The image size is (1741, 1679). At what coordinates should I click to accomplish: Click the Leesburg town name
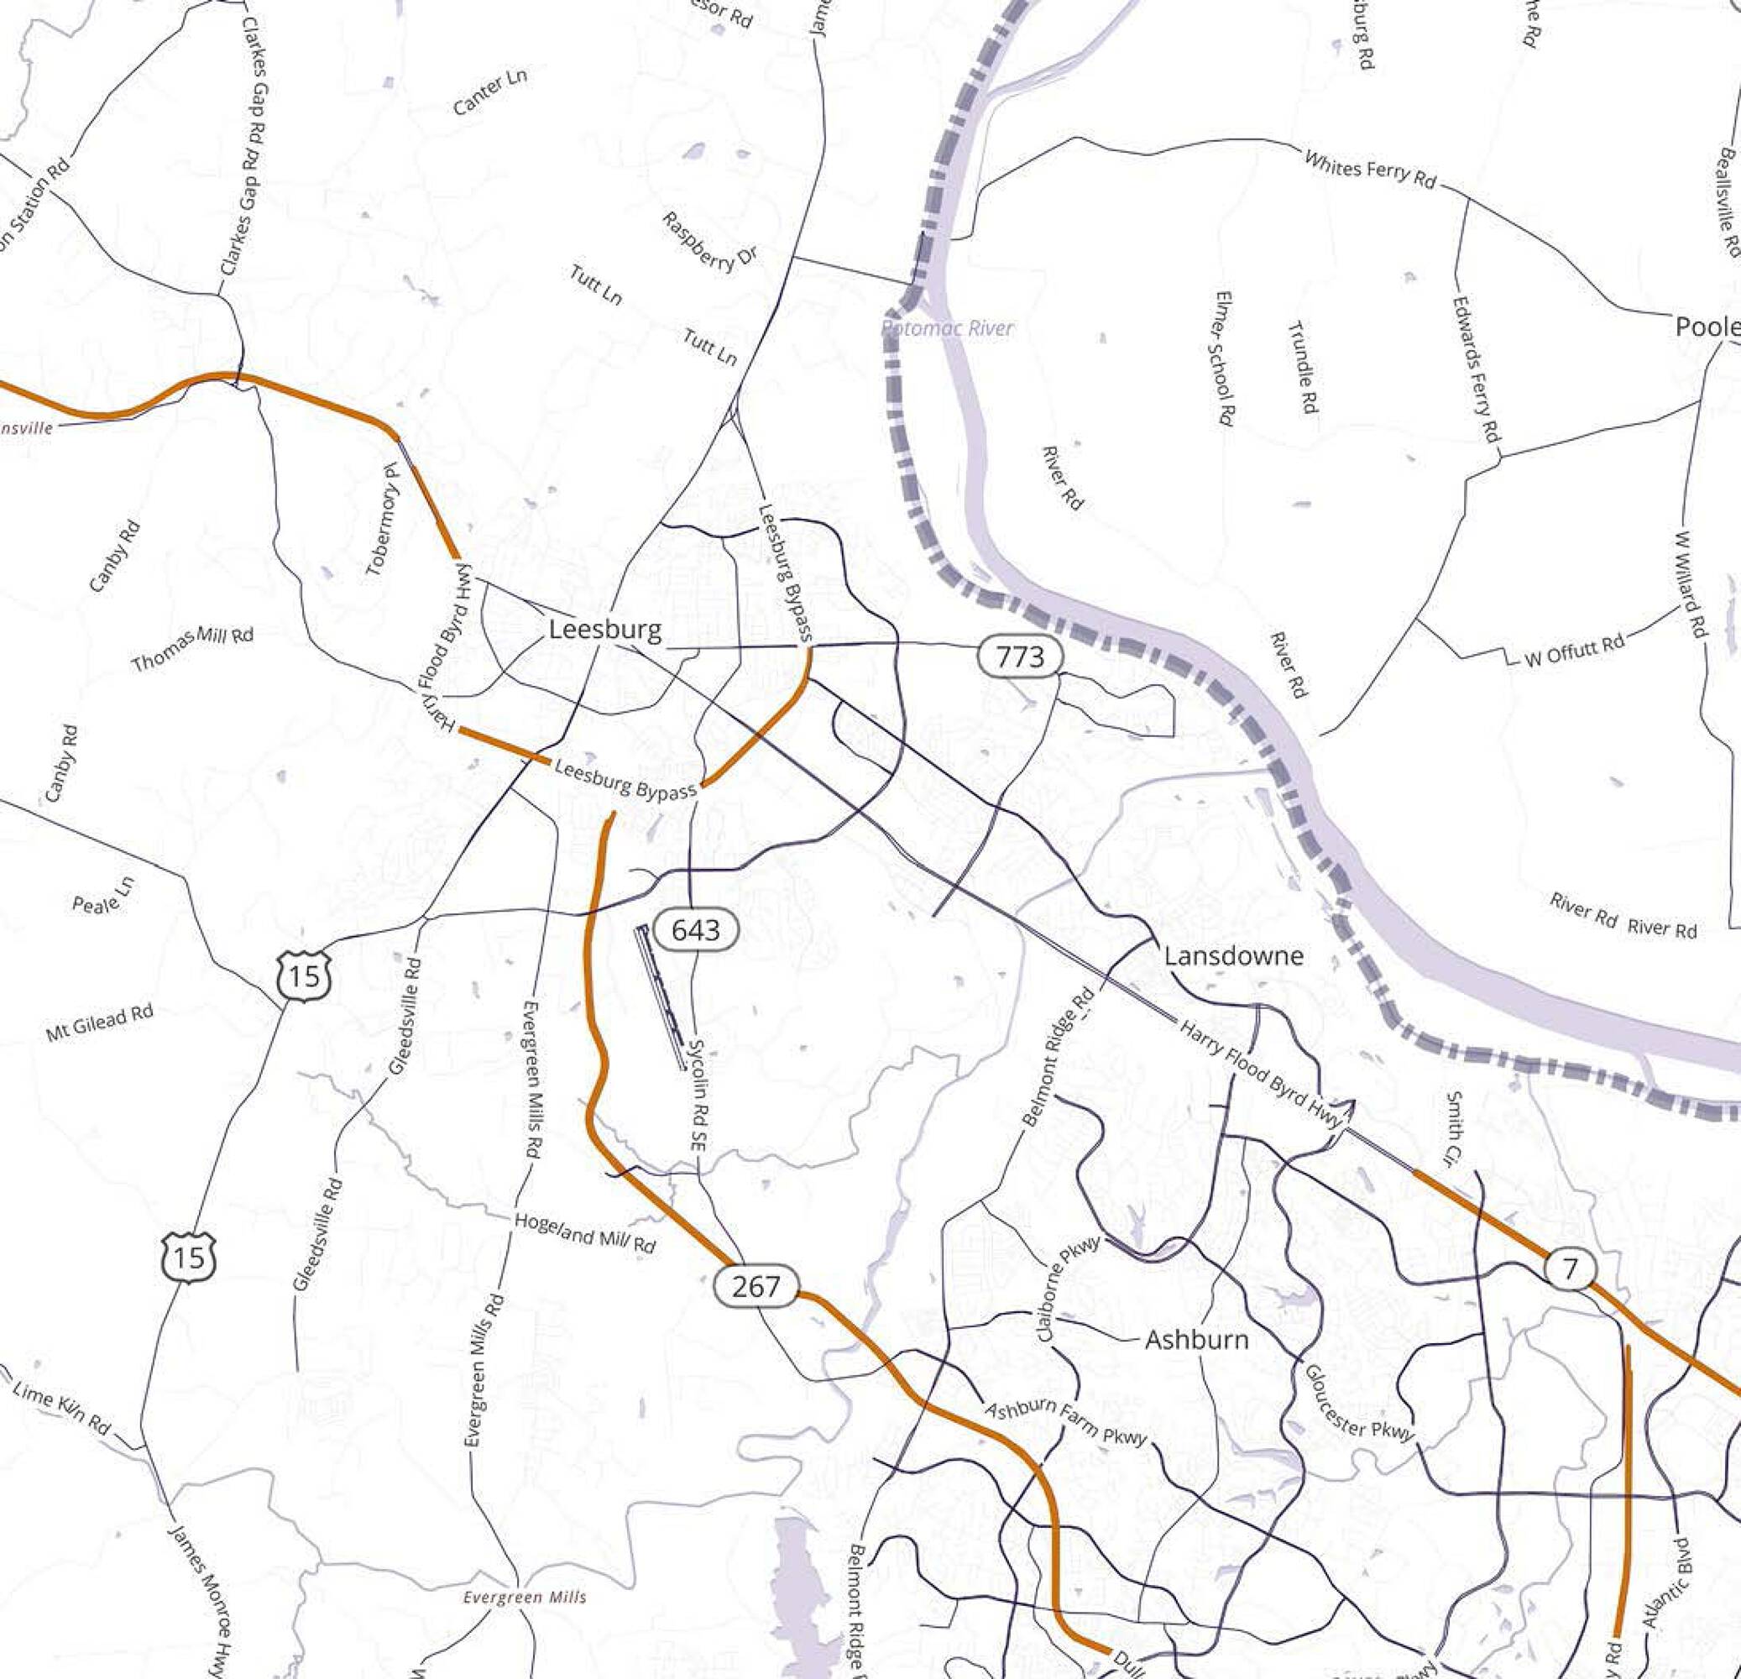tap(605, 630)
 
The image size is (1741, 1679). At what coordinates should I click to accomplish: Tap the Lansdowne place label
tap(1233, 956)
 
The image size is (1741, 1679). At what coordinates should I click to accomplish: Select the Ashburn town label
tap(1195, 1340)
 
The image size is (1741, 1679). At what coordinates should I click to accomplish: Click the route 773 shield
tap(1021, 657)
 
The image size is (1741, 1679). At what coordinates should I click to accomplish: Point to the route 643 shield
tap(697, 930)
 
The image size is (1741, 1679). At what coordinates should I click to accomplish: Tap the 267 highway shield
tap(755, 1286)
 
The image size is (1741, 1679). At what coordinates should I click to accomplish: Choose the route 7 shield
tap(1571, 1268)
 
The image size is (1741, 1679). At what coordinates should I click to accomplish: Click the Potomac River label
tap(947, 329)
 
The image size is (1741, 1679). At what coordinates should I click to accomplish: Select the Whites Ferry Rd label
tap(1369, 168)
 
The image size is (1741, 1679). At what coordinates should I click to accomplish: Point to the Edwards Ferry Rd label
tap(1476, 369)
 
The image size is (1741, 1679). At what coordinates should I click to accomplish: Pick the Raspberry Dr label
tap(709, 242)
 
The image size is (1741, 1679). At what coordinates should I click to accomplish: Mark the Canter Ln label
tap(489, 92)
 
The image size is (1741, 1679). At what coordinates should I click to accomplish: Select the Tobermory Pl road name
tap(383, 520)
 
